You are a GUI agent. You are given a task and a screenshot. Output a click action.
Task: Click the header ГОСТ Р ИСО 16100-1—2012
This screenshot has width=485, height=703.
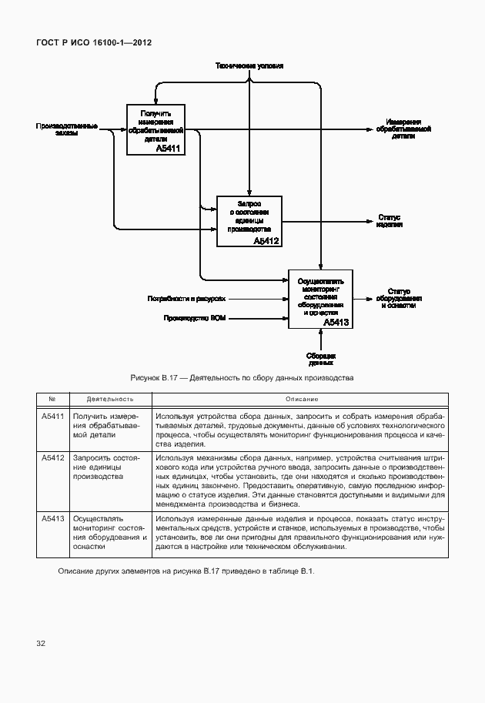(x=93, y=42)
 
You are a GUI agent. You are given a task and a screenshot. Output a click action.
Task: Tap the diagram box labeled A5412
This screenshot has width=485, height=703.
(x=249, y=221)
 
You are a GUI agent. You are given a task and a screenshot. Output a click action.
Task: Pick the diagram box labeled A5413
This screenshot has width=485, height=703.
(x=320, y=299)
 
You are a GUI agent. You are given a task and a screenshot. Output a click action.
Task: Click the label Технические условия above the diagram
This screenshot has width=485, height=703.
(x=249, y=66)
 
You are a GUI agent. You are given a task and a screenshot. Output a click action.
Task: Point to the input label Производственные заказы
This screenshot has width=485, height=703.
(x=66, y=129)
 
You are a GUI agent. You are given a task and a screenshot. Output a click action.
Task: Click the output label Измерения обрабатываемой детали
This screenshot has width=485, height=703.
(x=403, y=129)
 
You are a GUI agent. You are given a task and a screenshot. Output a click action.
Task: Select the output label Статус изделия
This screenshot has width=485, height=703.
(x=390, y=221)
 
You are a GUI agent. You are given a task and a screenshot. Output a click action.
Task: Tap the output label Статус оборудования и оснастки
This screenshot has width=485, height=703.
(x=398, y=299)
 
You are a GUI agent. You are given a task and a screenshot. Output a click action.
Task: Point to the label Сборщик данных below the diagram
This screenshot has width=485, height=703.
(x=320, y=358)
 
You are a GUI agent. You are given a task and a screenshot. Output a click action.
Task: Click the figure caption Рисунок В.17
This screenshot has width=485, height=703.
(x=242, y=378)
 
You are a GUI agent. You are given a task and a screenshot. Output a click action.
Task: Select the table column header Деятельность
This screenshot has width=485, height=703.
(x=110, y=400)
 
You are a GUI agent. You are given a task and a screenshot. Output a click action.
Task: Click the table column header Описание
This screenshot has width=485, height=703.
(x=300, y=400)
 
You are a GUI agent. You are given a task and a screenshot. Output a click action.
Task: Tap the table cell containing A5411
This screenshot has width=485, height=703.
(x=53, y=417)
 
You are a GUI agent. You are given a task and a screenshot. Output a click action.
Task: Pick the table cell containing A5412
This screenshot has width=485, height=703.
(x=53, y=458)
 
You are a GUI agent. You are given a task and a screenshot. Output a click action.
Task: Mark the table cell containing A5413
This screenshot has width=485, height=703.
(x=53, y=520)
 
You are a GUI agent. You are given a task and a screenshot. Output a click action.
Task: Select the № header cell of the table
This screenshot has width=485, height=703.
(x=53, y=400)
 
